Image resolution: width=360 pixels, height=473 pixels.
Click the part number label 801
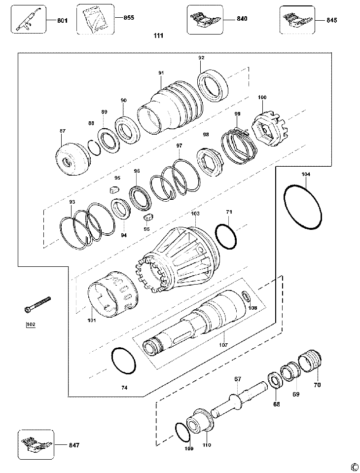coord(63,20)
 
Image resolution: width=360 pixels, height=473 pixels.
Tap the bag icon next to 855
coord(95,19)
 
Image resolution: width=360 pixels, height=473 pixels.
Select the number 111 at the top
coord(158,36)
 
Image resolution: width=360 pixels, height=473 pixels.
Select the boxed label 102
coord(31,325)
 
